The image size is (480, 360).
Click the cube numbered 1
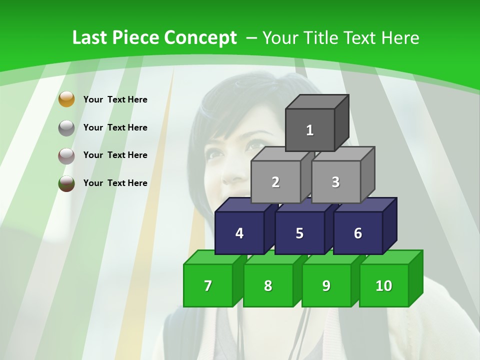click(310, 130)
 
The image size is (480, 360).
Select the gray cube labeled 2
click(275, 182)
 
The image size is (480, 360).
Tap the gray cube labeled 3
click(335, 182)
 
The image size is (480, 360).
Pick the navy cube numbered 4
click(239, 233)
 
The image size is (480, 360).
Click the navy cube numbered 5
click(299, 233)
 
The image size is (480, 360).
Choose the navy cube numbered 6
click(357, 233)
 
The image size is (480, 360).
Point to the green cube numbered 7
click(208, 285)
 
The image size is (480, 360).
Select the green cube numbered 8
click(268, 285)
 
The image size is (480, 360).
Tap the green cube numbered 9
click(326, 285)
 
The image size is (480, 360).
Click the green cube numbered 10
click(383, 285)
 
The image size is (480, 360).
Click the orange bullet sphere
click(66, 99)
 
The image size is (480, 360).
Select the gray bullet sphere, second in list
click(66, 127)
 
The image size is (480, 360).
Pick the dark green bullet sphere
click(66, 183)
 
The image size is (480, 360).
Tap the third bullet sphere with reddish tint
click(66, 155)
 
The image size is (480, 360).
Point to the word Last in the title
click(90, 38)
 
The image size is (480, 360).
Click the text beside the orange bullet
click(115, 99)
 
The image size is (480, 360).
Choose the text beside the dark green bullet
click(115, 183)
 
